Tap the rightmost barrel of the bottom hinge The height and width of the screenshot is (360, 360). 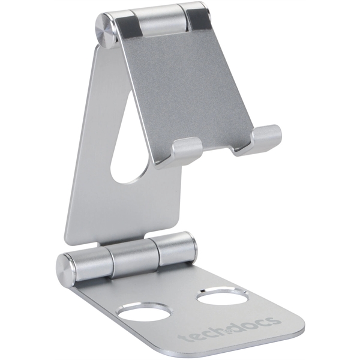(x=175, y=248)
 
